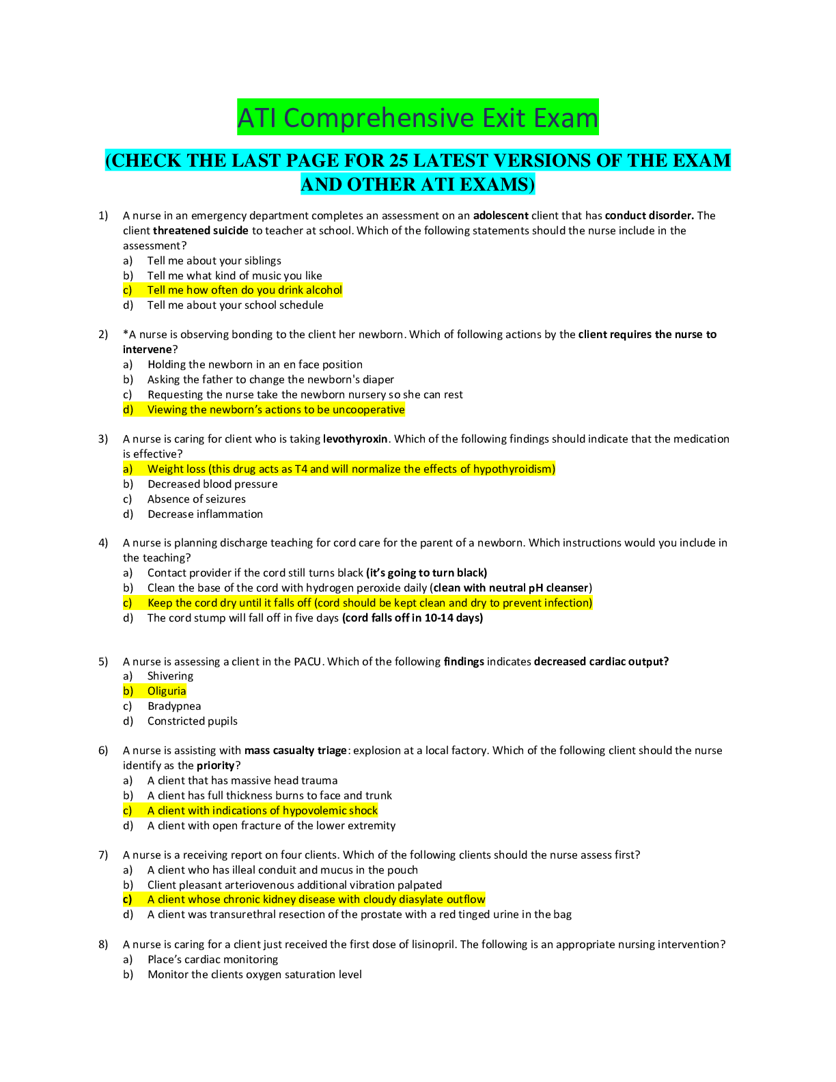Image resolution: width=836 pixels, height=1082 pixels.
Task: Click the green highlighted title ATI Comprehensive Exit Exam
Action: [418, 117]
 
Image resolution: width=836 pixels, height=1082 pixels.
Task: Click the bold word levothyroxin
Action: [355, 439]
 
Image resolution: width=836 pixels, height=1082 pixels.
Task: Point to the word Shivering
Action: [170, 676]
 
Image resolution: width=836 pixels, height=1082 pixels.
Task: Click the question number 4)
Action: [103, 543]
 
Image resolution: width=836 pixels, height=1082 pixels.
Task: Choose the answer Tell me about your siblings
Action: [214, 260]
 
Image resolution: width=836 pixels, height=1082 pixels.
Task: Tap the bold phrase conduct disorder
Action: [650, 216]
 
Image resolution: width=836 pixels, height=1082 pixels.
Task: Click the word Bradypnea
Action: [174, 706]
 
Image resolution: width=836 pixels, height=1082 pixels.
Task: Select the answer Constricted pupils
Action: [192, 721]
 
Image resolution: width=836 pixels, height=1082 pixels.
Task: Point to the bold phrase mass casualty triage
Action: [295, 751]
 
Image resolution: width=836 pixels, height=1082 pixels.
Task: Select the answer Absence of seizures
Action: [196, 499]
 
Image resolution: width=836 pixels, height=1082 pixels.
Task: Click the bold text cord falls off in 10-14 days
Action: [413, 618]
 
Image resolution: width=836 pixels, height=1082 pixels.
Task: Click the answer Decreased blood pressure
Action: [212, 484]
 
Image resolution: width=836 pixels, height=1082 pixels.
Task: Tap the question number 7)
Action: [103, 855]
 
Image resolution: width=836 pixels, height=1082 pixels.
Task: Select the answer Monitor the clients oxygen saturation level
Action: [255, 975]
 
